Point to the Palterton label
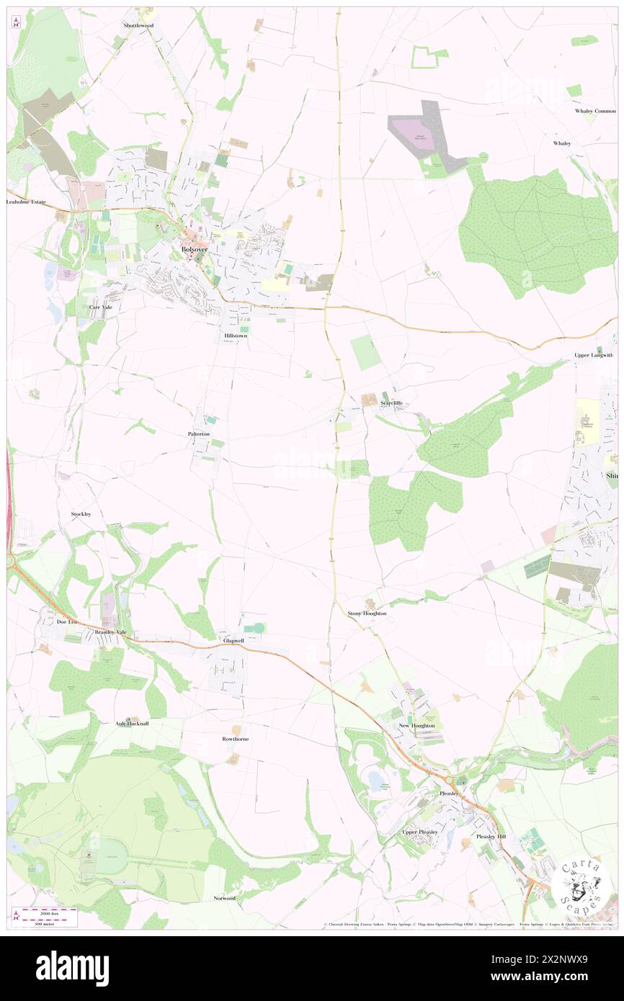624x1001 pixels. [x=199, y=435]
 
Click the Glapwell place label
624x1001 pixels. [x=234, y=639]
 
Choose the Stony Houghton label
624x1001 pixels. [x=367, y=613]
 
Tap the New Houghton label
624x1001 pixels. [x=417, y=725]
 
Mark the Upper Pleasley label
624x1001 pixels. [x=420, y=832]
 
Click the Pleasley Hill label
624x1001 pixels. [x=491, y=836]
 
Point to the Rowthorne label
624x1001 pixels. [x=235, y=739]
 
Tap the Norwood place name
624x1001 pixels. [x=224, y=898]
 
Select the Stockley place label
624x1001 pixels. [x=81, y=513]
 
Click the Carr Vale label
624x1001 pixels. [x=101, y=307]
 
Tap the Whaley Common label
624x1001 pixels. [x=595, y=111]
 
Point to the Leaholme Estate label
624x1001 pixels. [x=27, y=202]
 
